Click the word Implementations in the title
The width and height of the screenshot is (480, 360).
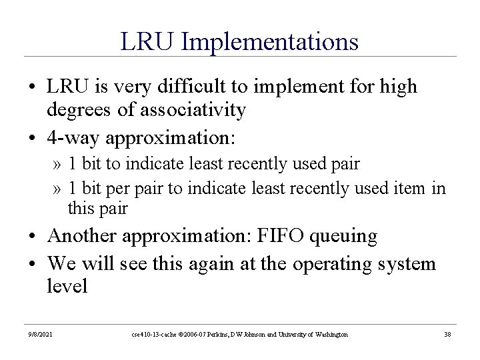click(x=269, y=42)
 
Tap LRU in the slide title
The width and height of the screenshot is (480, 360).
click(x=147, y=41)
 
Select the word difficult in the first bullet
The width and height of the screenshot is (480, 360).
click(x=191, y=86)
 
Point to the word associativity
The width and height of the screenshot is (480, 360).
click(x=193, y=109)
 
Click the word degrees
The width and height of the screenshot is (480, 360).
click(x=79, y=110)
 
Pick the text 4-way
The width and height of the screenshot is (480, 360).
click(x=73, y=138)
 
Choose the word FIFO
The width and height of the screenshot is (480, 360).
click(x=280, y=235)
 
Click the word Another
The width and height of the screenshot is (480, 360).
click(x=82, y=235)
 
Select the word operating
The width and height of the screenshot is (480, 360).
click(x=332, y=265)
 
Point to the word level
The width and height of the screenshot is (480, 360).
click(x=67, y=285)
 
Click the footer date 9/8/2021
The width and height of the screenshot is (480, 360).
click(x=40, y=334)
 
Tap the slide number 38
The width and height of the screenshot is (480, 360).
click(x=447, y=334)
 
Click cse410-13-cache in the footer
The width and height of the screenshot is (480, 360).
click(x=154, y=334)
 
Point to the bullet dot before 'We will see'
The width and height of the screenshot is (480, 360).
click(x=32, y=264)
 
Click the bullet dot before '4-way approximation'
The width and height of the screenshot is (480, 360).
click(x=32, y=138)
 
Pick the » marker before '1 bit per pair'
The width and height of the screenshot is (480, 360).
click(x=57, y=189)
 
